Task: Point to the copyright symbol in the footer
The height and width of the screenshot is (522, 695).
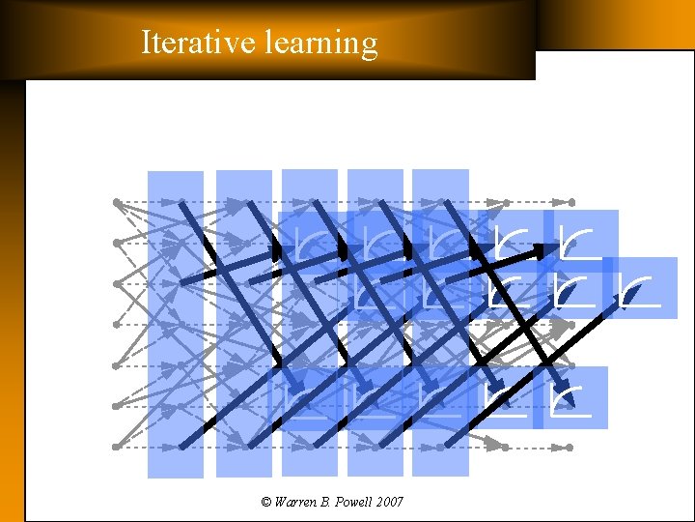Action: click(x=266, y=502)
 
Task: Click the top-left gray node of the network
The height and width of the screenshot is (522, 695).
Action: click(x=116, y=202)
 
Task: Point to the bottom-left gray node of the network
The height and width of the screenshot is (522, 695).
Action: click(x=116, y=447)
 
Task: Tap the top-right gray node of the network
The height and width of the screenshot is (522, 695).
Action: click(x=571, y=202)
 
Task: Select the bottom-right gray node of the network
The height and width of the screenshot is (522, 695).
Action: click(x=570, y=448)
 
